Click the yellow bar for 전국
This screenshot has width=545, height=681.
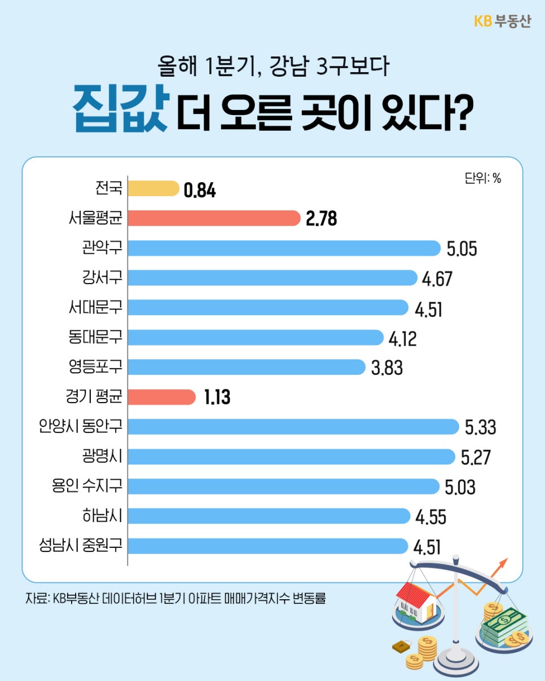153,188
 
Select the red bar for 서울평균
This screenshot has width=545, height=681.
213,218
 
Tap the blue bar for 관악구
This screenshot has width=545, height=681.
284,248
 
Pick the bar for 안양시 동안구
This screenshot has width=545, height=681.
293,427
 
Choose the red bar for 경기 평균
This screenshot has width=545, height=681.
161,397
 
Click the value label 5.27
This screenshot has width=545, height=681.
475,457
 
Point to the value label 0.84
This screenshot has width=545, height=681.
200,190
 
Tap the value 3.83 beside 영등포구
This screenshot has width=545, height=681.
386,368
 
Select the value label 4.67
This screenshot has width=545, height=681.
437,278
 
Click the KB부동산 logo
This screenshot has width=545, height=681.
502,21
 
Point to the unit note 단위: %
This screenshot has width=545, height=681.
482,179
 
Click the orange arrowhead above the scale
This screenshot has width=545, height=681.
503,563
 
